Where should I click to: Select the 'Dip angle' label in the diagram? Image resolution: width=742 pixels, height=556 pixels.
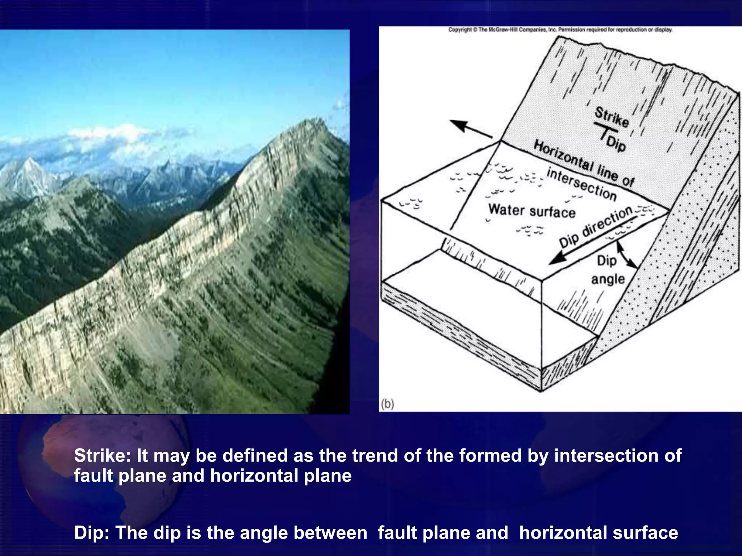[x=608, y=270]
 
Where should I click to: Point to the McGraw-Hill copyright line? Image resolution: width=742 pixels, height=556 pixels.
[x=560, y=30]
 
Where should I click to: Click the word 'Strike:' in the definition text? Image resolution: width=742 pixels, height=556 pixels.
[x=102, y=455]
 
